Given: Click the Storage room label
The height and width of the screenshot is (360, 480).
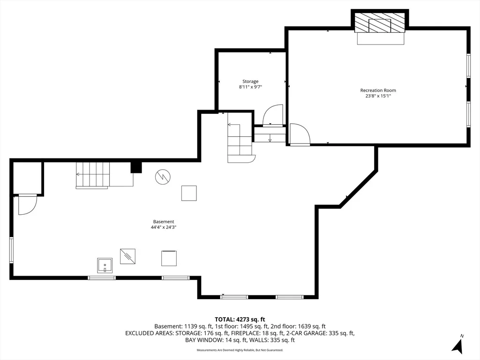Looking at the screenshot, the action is (x=250, y=82).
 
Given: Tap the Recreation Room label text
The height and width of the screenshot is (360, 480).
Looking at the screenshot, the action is (x=378, y=90).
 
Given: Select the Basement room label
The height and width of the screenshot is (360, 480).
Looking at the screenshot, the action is (x=164, y=222).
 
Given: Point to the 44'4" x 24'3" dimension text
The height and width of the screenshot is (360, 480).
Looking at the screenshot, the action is (x=164, y=227).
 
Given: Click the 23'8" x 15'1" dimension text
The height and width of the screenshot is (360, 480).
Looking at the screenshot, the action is (x=378, y=96).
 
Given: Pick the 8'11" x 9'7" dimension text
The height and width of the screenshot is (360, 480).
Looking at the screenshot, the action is (x=250, y=87).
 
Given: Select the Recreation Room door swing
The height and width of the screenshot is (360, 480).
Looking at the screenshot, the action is (x=300, y=134).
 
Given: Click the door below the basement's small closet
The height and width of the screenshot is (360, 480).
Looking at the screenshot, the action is (x=28, y=204).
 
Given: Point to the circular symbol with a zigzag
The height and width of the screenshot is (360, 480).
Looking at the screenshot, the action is (x=163, y=177).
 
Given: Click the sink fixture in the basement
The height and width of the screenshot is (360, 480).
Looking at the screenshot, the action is (x=105, y=265).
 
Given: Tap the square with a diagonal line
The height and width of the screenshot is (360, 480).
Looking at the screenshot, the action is (x=127, y=256).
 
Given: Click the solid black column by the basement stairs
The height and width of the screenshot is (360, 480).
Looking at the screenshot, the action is (x=136, y=167).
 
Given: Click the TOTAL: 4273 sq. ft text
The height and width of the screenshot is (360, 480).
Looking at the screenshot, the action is (x=240, y=320).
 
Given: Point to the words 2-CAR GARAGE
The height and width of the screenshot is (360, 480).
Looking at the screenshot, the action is (x=308, y=333).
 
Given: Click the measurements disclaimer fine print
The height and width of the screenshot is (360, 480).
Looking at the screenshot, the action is (x=240, y=350).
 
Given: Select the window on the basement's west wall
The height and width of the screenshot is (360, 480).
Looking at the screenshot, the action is (x=11, y=250).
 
